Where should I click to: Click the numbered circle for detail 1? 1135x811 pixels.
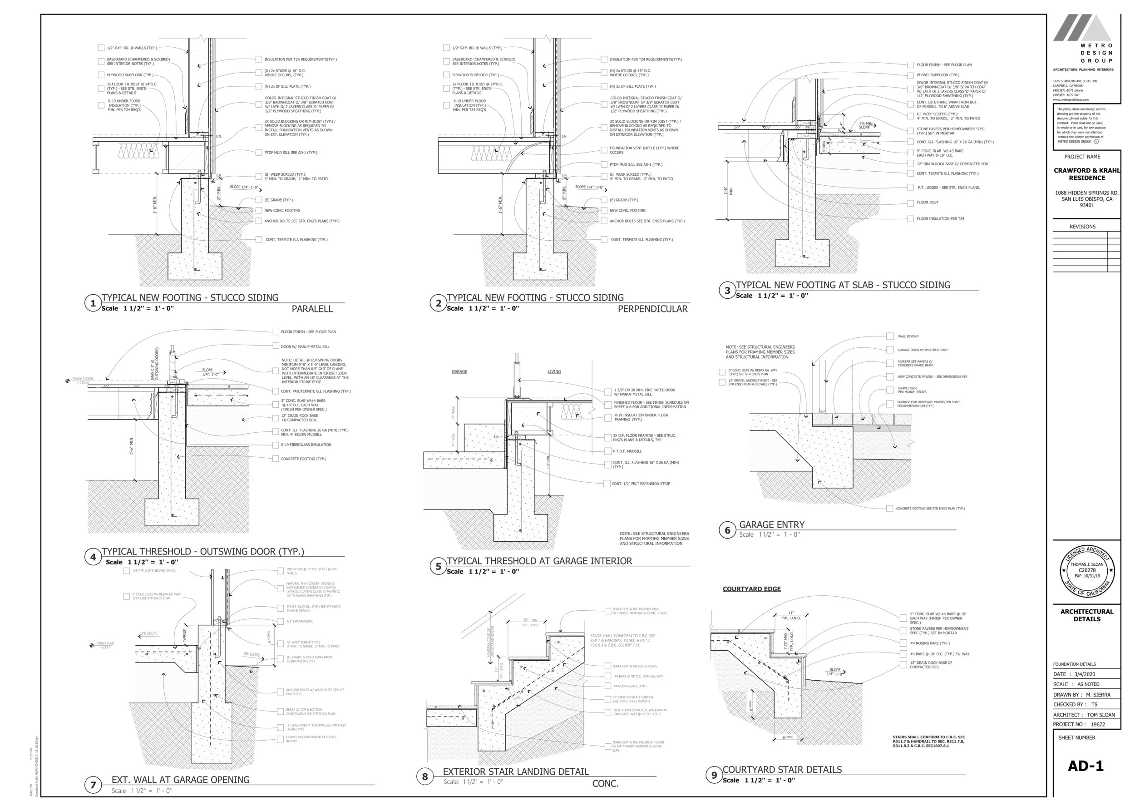92,303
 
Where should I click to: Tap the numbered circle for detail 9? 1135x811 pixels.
714,775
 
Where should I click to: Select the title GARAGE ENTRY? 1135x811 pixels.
771,525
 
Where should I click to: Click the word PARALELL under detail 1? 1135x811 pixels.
312,309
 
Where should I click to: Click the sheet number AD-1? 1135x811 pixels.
1085,766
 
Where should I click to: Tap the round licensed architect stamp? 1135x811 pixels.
1086,571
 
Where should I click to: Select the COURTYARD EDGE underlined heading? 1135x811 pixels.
751,589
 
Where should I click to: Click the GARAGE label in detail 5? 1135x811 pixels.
459,371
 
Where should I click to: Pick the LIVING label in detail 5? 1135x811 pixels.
554,371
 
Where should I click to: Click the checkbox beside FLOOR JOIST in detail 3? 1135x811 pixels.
910,203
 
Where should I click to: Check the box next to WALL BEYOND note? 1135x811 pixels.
890,336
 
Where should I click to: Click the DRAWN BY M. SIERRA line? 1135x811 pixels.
1081,695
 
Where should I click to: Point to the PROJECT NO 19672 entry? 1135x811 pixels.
1079,724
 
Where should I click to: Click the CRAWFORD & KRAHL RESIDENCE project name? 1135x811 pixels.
1086,174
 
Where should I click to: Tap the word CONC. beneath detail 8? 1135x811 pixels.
605,784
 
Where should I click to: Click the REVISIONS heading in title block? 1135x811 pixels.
1082,227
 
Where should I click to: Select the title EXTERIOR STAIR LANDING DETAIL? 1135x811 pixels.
515,771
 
